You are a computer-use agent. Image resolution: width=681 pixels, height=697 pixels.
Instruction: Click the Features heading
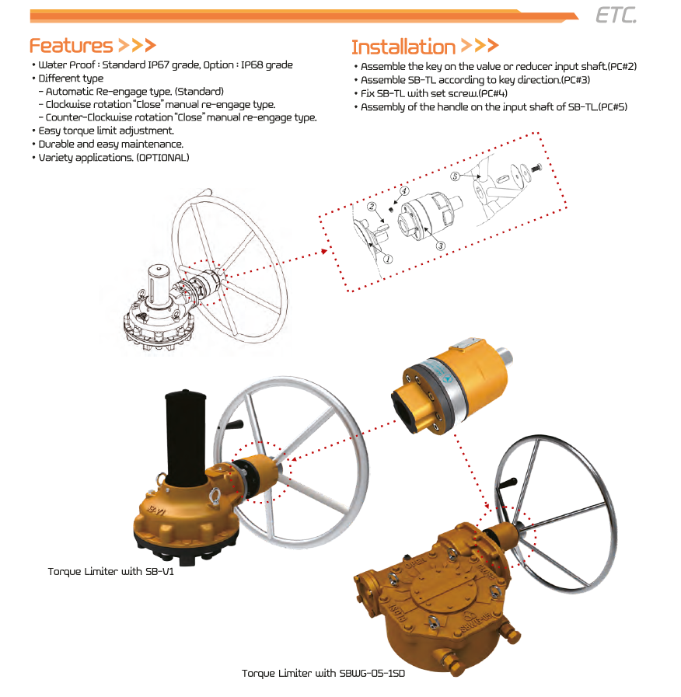pos(72,46)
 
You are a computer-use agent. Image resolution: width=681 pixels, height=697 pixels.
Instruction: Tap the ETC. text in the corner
pos(616,15)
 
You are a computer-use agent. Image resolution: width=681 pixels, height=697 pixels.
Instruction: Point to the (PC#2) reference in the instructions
pos(622,67)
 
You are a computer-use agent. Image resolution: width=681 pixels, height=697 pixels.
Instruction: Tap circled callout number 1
pos(388,260)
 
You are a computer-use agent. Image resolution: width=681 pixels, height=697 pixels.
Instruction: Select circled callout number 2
pos(372,206)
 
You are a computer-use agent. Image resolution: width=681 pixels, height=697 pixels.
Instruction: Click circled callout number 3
pos(440,246)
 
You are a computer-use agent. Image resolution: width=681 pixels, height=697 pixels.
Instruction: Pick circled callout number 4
pos(404,191)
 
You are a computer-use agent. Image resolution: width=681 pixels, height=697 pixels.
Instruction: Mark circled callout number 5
pos(455,176)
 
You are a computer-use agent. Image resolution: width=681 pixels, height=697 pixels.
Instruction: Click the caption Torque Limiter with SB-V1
pos(110,572)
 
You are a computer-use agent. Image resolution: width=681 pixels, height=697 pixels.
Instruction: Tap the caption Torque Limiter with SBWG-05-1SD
pos(323,674)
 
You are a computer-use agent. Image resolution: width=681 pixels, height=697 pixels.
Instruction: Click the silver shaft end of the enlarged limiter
pos(503,357)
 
